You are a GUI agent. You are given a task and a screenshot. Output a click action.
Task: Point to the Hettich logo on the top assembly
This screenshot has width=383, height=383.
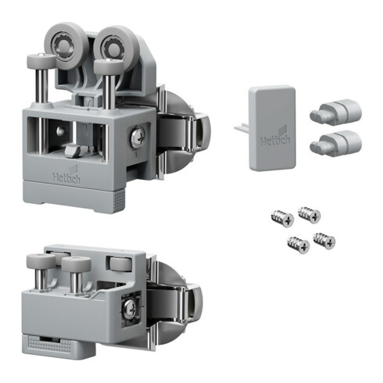point(65,177)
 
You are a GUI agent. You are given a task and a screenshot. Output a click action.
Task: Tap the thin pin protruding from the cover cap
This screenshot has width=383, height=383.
point(241,124)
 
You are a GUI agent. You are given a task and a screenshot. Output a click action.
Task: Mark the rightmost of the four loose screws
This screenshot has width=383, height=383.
point(324,240)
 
